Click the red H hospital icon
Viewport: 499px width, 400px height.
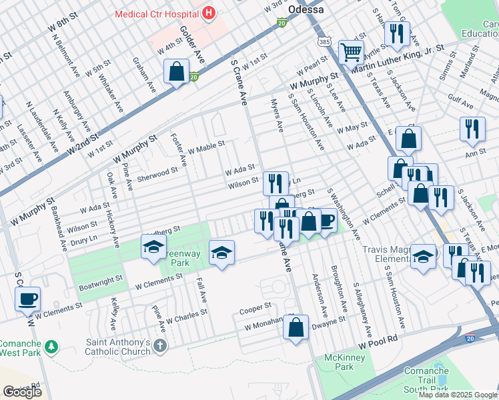click(209, 13)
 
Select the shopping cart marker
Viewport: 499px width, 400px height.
click(350, 51)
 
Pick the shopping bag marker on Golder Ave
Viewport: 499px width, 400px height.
click(176, 71)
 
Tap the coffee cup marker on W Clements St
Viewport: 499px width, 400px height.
click(28, 299)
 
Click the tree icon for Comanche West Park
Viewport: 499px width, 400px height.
click(51, 347)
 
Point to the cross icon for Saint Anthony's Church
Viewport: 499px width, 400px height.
click(159, 345)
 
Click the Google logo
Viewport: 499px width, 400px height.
click(23, 392)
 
